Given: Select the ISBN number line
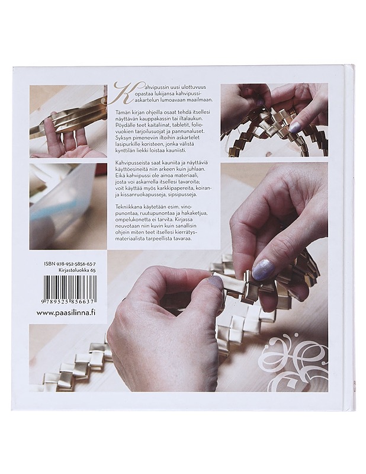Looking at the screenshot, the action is (x=69, y=264).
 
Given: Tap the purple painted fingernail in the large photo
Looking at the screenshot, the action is (x=263, y=267).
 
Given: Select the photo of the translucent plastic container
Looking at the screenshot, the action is (x=68, y=206).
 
